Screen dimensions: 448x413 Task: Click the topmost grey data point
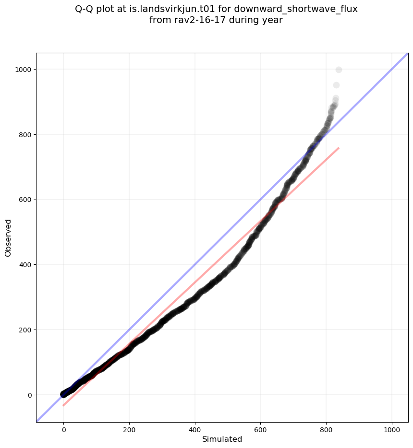click(339, 70)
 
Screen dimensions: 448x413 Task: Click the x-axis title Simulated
click(222, 439)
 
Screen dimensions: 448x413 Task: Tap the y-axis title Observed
click(8, 237)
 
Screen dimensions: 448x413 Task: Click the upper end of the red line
click(339, 148)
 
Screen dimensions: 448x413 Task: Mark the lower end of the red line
click(63, 405)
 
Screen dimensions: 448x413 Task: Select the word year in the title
click(273, 20)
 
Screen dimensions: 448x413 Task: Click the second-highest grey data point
click(336, 85)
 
